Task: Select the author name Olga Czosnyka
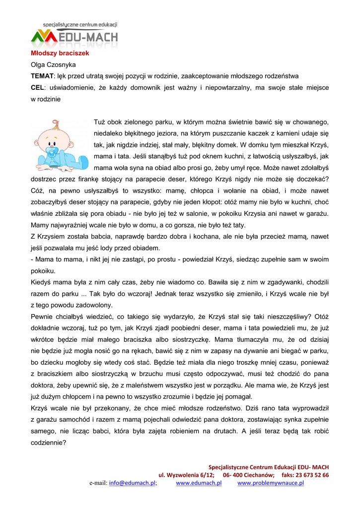click(53, 64)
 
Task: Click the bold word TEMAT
click(42, 76)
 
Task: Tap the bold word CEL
click(37, 87)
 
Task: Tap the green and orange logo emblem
click(44, 36)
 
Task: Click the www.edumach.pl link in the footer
click(199, 483)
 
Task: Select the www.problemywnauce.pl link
click(271, 483)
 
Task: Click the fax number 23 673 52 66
click(312, 475)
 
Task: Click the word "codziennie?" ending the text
click(48, 443)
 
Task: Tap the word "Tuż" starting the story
click(100, 122)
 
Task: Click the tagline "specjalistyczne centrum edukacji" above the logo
click(80, 24)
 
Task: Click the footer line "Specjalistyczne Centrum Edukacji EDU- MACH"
click(268, 467)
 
